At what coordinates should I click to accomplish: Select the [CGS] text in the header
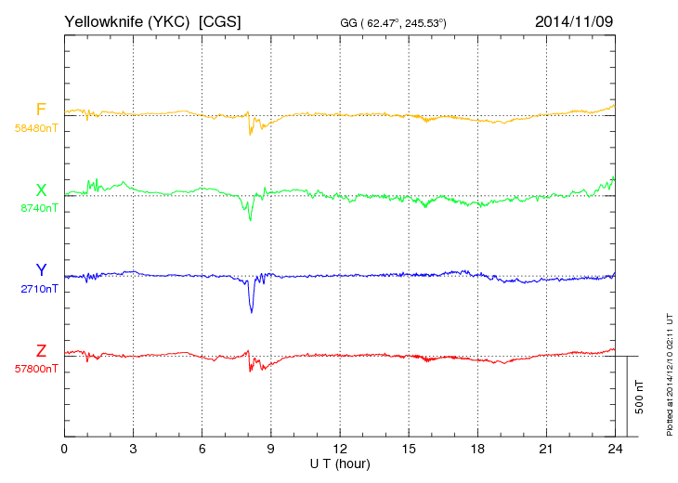click(x=220, y=20)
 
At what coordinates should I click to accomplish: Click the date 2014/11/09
click(x=574, y=20)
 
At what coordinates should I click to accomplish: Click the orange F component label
click(x=41, y=110)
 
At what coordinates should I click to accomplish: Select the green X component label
click(x=41, y=190)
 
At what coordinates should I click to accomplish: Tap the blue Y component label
click(x=41, y=270)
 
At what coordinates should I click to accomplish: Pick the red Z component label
click(x=41, y=351)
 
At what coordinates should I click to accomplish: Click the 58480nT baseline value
click(x=36, y=128)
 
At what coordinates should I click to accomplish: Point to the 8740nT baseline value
click(x=38, y=208)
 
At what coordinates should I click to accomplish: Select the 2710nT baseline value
click(x=38, y=289)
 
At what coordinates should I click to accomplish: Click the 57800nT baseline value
click(x=36, y=369)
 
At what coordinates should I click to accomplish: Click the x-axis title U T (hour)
click(x=340, y=463)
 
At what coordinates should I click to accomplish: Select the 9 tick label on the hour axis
click(x=270, y=449)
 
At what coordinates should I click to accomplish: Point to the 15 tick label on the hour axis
click(x=409, y=449)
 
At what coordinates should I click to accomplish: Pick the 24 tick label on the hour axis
click(x=615, y=449)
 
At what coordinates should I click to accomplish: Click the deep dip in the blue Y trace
click(x=251, y=309)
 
